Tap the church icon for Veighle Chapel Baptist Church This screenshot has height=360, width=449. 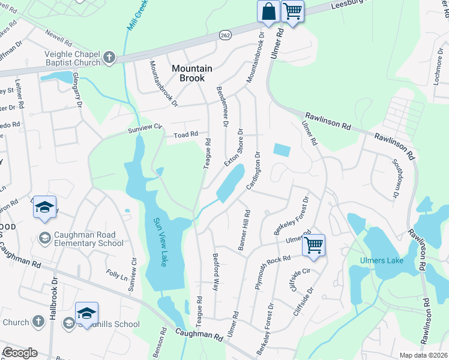coord(109,58)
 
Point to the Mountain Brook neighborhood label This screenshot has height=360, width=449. coord(192,73)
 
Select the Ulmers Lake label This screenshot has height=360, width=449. coord(380,260)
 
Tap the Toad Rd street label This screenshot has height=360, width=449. coord(186,135)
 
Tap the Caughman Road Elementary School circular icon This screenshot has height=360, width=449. coord(45,238)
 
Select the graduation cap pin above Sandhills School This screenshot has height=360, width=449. coord(86,313)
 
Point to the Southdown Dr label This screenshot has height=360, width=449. coord(395,178)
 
